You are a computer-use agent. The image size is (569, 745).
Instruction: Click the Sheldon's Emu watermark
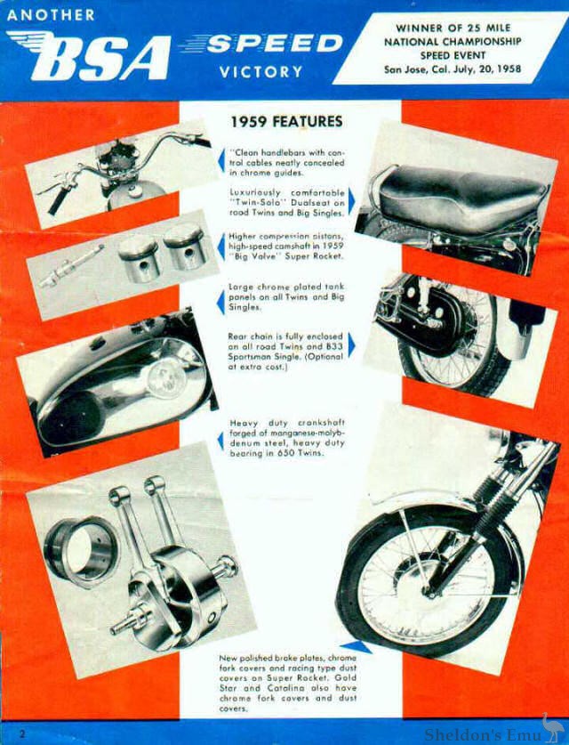coord(493,733)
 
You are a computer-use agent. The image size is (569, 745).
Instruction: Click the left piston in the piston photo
coord(138,258)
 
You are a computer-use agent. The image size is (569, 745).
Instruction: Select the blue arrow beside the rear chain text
coord(350,345)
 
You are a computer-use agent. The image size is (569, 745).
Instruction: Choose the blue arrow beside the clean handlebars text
coord(221,161)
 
